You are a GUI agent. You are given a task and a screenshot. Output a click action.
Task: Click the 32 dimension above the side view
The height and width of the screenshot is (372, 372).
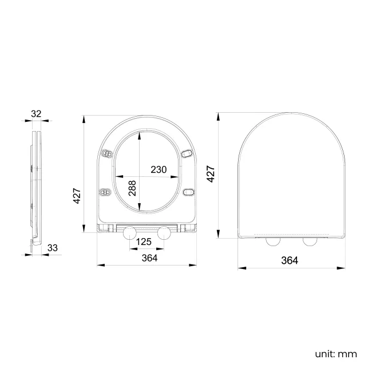(36, 113)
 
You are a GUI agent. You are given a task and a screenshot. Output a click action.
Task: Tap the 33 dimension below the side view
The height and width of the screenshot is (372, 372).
(52, 248)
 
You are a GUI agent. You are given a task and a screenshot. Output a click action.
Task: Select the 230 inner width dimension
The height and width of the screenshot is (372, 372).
(159, 169)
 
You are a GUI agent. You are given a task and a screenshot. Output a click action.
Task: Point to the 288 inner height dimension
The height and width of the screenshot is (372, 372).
(132, 189)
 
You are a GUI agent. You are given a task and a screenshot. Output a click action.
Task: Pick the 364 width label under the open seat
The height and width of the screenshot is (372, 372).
(149, 258)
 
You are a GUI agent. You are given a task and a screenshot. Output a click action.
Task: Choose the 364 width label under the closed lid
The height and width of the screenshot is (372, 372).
(290, 260)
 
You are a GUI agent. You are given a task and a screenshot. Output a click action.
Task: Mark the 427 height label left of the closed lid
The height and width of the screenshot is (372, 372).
(211, 173)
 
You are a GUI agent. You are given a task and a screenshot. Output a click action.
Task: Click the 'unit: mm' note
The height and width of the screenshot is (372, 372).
(335, 354)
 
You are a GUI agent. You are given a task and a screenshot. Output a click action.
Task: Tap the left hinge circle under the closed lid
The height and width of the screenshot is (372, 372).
(272, 241)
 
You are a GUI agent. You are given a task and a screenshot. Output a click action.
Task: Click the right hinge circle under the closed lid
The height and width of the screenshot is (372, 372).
(310, 241)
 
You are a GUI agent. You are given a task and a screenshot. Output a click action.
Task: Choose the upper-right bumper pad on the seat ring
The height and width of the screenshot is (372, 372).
(187, 153)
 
